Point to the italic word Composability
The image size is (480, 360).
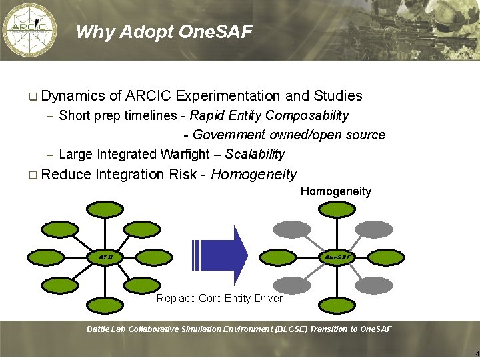(306, 115)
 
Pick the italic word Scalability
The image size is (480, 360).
(255, 154)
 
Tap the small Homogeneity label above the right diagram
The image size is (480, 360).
(335, 191)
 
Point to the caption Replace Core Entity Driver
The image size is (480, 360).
(219, 298)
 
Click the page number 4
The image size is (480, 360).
(476, 353)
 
